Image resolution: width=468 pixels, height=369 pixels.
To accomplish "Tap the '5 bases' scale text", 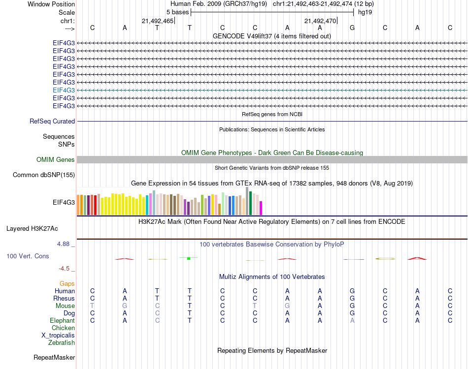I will tap(174, 11).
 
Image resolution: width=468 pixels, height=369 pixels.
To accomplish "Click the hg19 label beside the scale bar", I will tap(365, 11).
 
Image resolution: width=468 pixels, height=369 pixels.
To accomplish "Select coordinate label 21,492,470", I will tap(320, 21).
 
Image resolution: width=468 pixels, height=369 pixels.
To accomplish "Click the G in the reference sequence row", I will tap(352, 28).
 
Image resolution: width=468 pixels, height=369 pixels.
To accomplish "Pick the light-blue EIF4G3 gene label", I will tap(64, 90).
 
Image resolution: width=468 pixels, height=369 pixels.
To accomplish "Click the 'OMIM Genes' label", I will tap(56, 159).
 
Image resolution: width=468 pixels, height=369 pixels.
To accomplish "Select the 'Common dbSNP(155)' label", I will tap(44, 175).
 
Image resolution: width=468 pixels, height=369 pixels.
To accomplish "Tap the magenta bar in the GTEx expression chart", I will tap(261, 208).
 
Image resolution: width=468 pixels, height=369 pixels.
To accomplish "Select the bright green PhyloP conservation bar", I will tap(188, 258).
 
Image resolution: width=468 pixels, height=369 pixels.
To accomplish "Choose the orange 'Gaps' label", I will tap(67, 284).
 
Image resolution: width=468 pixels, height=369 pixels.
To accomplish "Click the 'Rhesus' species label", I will tap(64, 298).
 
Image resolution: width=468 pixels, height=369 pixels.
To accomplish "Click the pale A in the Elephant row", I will tap(352, 320).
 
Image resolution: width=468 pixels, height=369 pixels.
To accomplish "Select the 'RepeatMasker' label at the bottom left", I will tap(54, 357).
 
